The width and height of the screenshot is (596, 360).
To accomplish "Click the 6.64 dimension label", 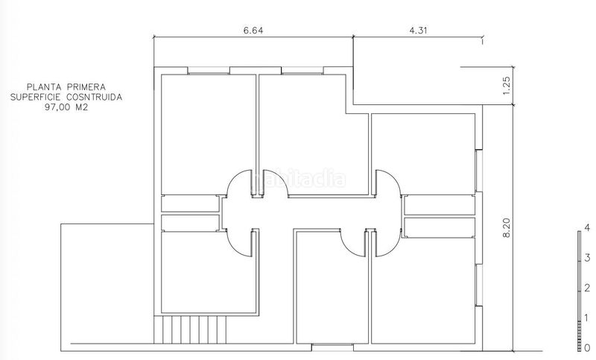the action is click(253, 31).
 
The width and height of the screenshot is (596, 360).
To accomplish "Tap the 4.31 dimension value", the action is click(418, 31).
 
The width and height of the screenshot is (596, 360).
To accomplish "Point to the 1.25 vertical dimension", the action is click(507, 86).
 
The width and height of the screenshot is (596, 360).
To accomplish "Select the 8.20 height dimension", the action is click(507, 228).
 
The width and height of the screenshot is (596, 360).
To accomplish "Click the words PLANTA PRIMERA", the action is click(66, 87).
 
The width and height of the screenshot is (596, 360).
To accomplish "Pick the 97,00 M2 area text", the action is click(66, 107).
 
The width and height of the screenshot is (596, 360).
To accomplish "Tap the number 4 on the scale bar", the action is click(588, 228).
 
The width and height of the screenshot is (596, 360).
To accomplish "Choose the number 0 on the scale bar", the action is click(588, 347).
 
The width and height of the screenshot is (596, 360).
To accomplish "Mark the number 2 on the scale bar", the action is click(588, 288).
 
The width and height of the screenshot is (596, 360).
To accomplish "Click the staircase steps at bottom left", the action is click(190, 329).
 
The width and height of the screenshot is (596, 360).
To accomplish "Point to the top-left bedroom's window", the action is click(209, 70).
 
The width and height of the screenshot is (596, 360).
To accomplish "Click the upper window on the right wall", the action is click(479, 170).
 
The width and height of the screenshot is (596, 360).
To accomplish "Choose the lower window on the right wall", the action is click(479, 285).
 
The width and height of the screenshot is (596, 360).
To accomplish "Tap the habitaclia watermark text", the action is click(299, 179).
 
